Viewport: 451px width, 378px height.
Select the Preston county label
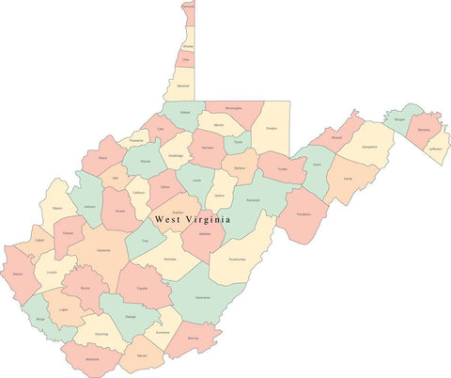[271, 128]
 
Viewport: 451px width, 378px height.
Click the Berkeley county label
[424, 129]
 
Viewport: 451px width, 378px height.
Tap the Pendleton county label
[303, 215]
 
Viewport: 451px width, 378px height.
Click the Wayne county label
[18, 275]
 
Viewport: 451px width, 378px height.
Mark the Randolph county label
[254, 199]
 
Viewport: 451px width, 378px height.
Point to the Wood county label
[101, 159]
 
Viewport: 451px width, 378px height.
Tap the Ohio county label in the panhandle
[186, 59]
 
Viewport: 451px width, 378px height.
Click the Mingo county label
[40, 320]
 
